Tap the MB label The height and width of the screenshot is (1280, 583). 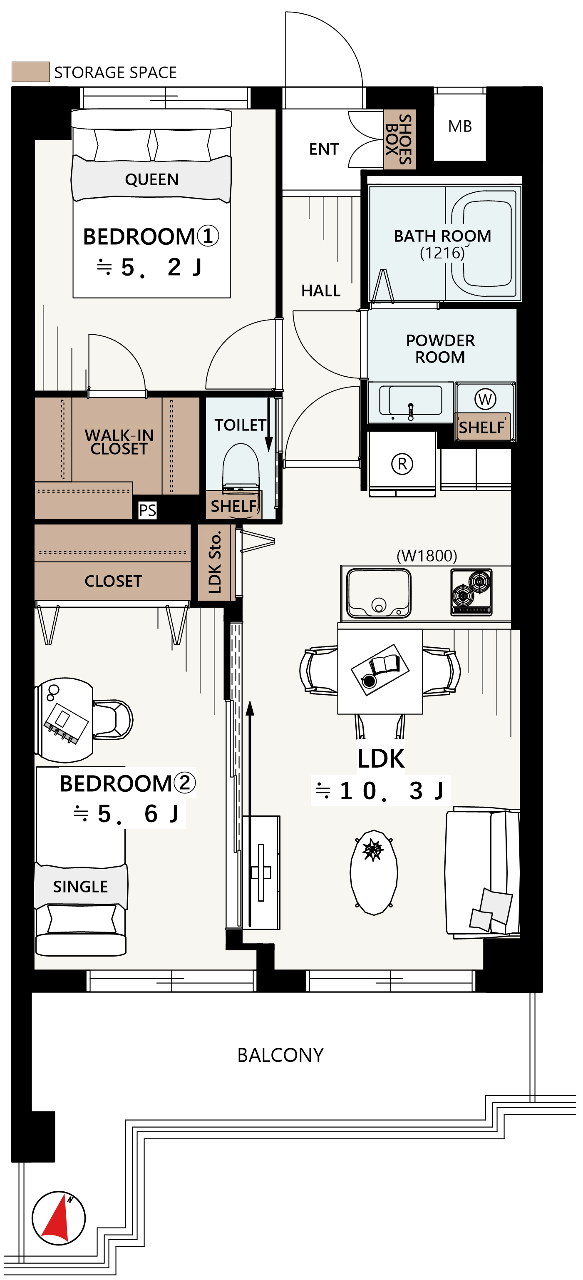click(x=460, y=127)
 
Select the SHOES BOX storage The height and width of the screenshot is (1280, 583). click(x=399, y=139)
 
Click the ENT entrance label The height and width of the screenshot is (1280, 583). click(x=324, y=149)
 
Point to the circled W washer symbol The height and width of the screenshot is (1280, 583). click(x=485, y=399)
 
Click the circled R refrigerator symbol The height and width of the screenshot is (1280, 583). click(x=402, y=464)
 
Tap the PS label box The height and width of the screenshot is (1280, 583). click(x=147, y=510)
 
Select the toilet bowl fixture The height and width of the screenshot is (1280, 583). click(x=241, y=467)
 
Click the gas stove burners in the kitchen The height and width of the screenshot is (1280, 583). click(x=471, y=592)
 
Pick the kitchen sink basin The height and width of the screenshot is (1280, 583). click(x=378, y=593)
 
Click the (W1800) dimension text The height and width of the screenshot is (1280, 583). click(x=427, y=556)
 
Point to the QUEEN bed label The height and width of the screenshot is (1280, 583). click(x=151, y=179)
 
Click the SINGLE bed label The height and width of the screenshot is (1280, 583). click(x=80, y=887)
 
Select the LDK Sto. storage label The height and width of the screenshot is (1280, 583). click(x=215, y=562)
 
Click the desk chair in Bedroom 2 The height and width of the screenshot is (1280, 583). click(x=113, y=719)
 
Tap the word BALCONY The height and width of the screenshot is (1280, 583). click(x=280, y=1055)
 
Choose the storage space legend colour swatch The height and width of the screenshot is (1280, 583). click(x=30, y=72)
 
